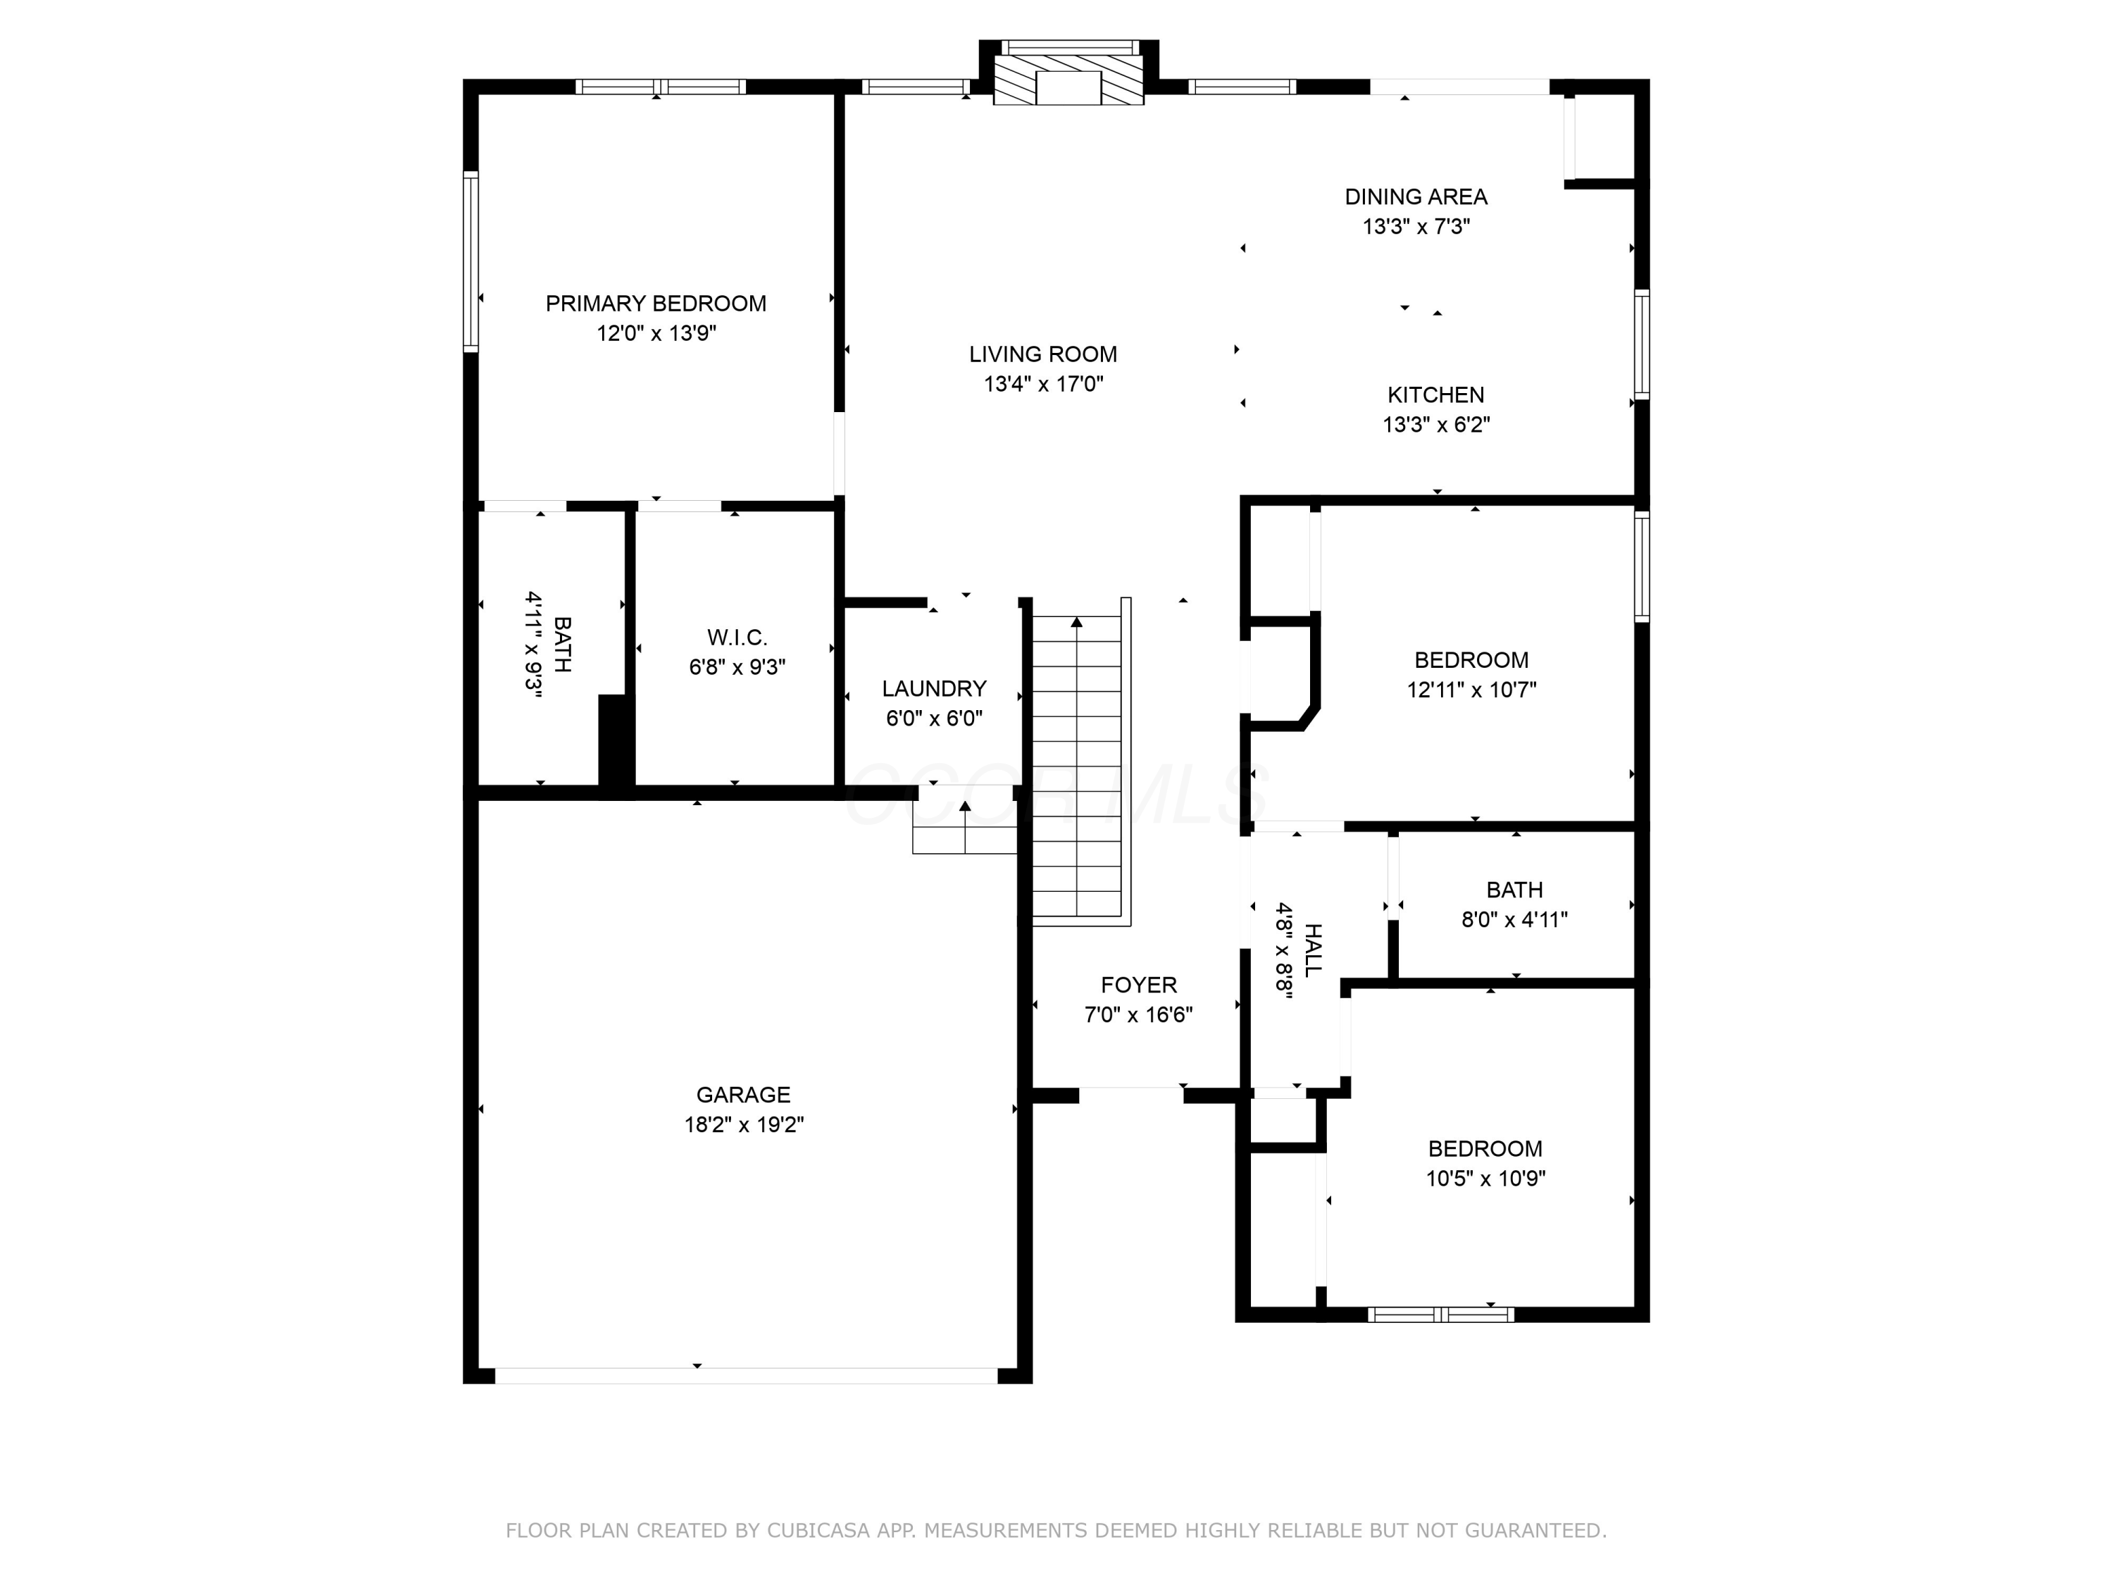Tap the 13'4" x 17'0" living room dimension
pos(1043,384)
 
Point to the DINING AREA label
pos(1416,197)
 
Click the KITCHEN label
pos(1435,394)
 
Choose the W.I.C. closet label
pos(737,638)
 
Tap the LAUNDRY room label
pos(934,689)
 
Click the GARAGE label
pos(743,1095)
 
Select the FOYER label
pos(1139,985)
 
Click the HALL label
pos(1314,950)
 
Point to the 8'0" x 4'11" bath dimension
pos(1514,919)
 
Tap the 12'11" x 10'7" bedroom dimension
pos(1471,689)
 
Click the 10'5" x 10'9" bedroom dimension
pos(1485,1178)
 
